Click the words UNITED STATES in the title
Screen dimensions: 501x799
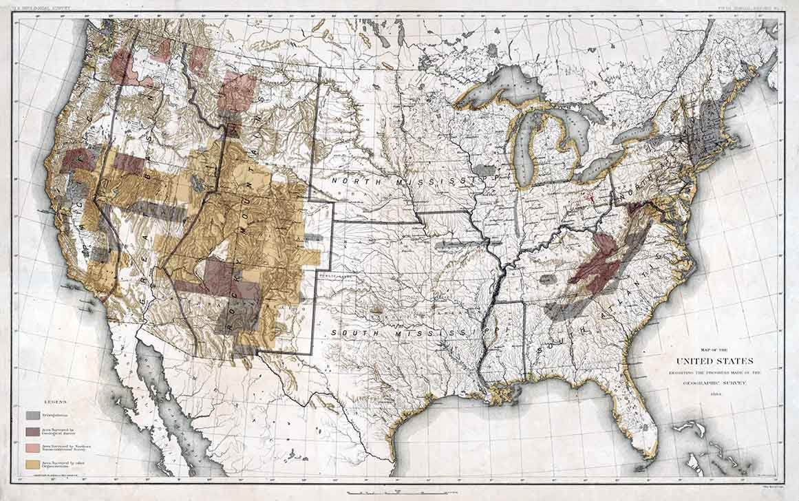714,361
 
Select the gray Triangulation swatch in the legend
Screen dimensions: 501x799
32,415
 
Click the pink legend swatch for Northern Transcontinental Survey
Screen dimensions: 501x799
32,447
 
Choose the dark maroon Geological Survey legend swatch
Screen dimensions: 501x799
32,431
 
